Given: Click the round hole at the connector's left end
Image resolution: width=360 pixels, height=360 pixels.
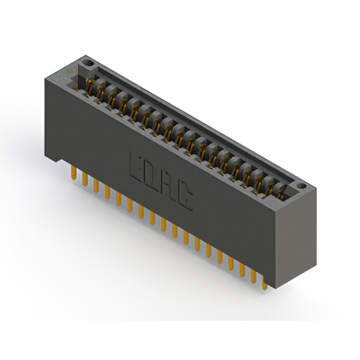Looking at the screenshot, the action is point(87,62).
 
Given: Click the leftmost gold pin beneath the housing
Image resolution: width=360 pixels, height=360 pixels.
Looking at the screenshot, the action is point(74,173).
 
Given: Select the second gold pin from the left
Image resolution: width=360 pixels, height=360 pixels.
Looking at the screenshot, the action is point(85,179).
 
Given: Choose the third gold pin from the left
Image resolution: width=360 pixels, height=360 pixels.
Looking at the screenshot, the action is point(96,186).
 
